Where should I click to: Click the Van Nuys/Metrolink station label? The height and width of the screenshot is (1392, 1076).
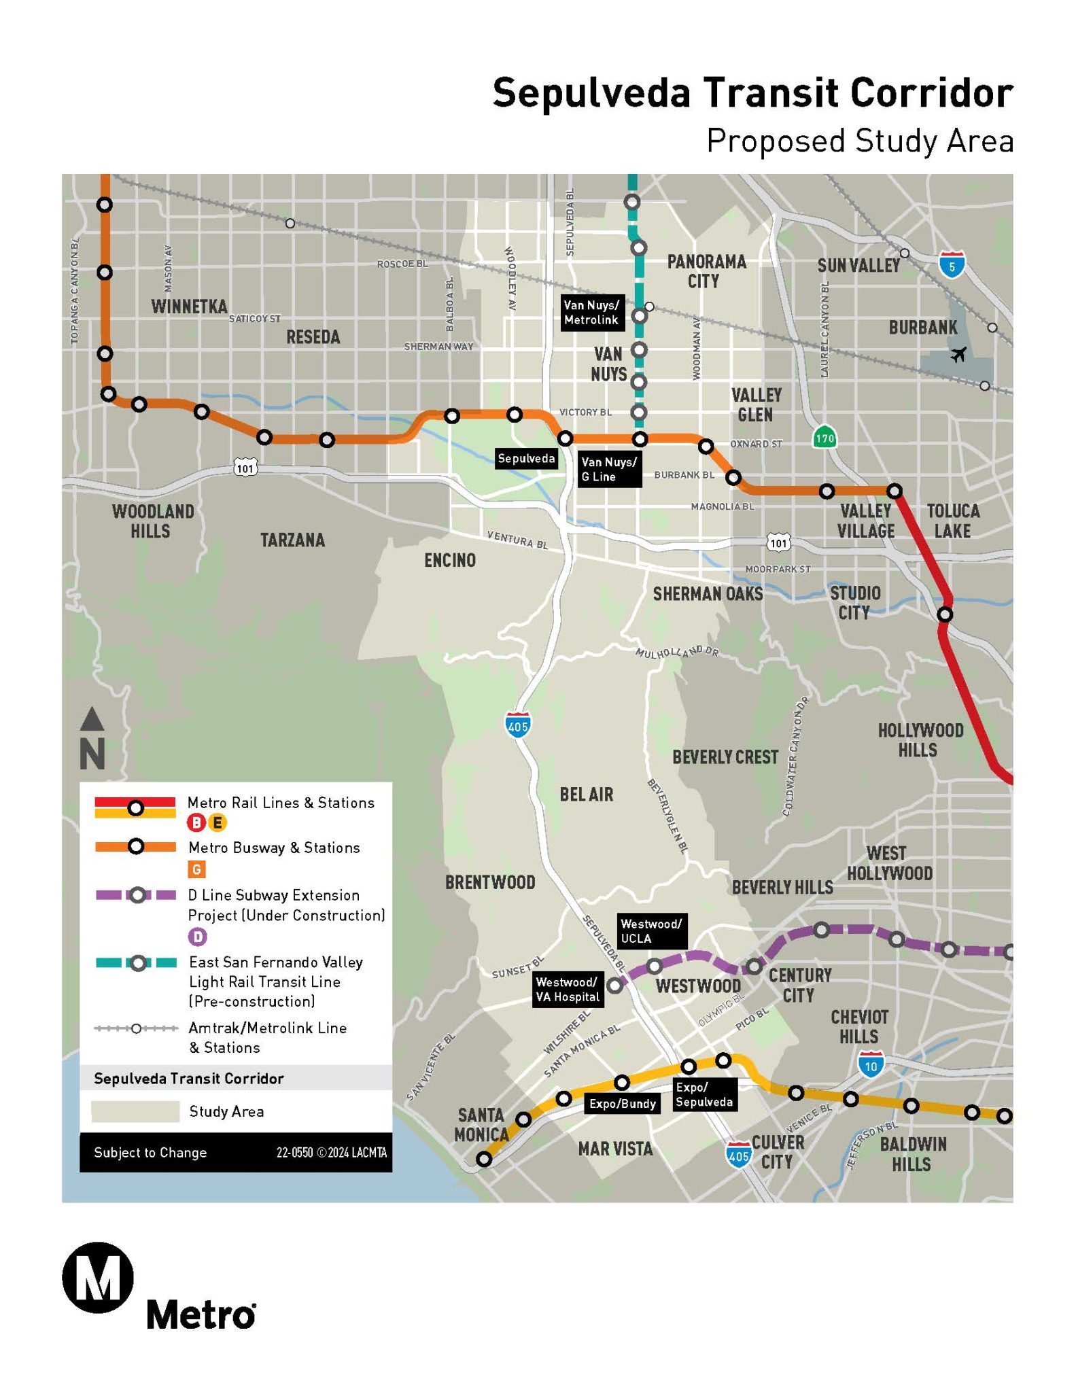[x=591, y=313]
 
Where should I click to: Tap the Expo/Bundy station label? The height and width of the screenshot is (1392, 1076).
[x=622, y=1103]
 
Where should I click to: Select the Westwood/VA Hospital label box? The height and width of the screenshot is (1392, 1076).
[x=568, y=990]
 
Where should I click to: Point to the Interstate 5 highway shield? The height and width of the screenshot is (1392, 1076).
[x=952, y=266]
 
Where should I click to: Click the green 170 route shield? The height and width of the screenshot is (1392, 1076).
[x=825, y=438]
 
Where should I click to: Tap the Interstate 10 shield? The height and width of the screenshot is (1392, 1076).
[x=871, y=1066]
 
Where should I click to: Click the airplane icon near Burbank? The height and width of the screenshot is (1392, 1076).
[x=958, y=354]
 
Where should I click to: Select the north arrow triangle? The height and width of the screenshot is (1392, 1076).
[x=92, y=719]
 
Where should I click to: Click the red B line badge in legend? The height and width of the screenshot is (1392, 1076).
[x=196, y=823]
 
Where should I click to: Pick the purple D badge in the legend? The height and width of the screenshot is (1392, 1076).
[x=197, y=937]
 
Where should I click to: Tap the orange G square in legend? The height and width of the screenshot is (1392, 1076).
[x=196, y=869]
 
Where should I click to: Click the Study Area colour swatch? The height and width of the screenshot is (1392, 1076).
[x=135, y=1111]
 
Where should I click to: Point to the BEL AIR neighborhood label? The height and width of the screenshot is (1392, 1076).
[x=586, y=795]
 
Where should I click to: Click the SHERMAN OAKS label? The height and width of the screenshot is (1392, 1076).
[x=708, y=594]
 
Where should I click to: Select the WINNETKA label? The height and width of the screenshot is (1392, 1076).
[x=189, y=307]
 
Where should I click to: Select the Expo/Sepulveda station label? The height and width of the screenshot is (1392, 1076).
[x=704, y=1094]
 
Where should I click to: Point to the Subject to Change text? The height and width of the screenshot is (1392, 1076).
[x=150, y=1153]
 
